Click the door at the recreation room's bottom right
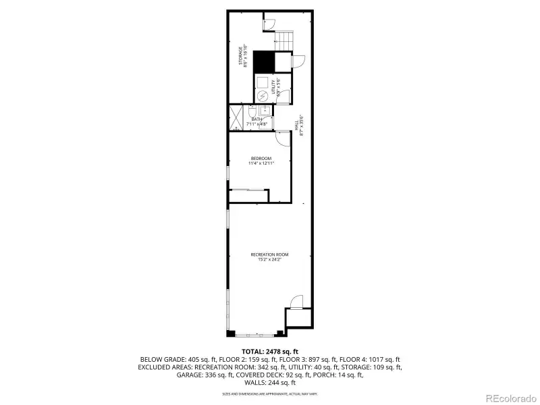pyautogui.click(x=296, y=302)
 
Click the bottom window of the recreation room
pyautogui.click(x=255, y=334)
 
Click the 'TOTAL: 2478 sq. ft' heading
pyautogui.click(x=269, y=351)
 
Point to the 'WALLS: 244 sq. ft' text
pyautogui.click(x=269, y=382)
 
